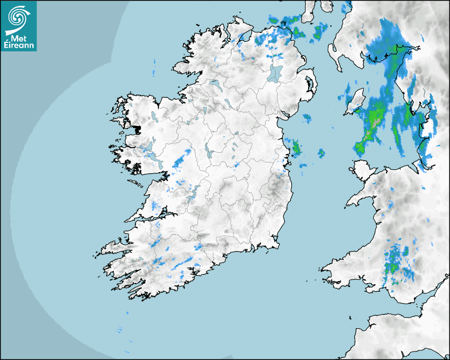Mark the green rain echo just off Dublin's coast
click(x=295, y=148)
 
